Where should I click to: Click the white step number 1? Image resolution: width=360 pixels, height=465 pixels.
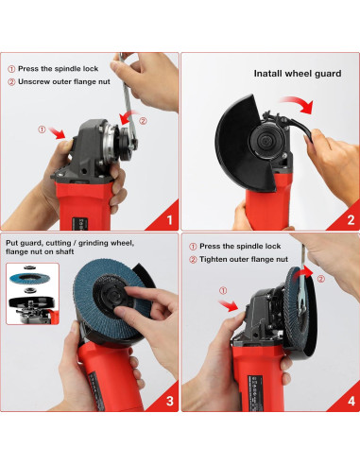tap(169, 220)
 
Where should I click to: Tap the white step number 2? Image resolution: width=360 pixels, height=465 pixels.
tap(351, 220)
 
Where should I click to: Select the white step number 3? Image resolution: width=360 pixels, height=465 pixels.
tap(169, 401)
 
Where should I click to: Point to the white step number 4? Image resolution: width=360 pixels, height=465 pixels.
tap(351, 401)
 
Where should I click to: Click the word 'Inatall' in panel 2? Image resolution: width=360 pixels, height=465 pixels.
tap(268, 74)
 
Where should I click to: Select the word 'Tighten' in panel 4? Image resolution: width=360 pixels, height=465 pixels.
tap(213, 259)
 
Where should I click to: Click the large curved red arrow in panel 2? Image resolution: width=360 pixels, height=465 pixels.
tap(298, 103)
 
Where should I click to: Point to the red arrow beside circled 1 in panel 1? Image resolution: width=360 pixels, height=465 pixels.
tap(58, 133)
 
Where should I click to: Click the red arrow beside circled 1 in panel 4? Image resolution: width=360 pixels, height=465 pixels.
tap(229, 305)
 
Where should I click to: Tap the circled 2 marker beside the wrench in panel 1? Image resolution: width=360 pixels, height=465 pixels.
tap(143, 121)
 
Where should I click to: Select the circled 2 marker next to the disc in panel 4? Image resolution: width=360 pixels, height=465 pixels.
tap(320, 279)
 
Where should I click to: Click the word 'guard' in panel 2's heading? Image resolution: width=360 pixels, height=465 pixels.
tap(329, 74)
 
